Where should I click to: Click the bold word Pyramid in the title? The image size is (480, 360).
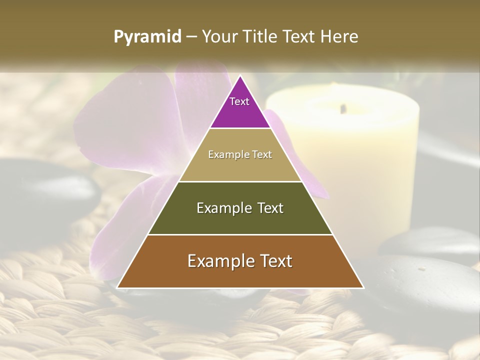(x=147, y=37)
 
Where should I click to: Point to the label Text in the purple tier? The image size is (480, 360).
(x=239, y=101)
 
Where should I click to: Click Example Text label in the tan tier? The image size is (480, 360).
(x=240, y=154)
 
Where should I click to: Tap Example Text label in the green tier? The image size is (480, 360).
(x=240, y=208)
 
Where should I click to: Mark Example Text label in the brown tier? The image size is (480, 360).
(x=240, y=261)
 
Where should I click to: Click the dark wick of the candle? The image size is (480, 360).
(x=343, y=108)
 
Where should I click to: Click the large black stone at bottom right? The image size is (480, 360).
(x=425, y=285)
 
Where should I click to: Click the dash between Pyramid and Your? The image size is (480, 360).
(x=191, y=37)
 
